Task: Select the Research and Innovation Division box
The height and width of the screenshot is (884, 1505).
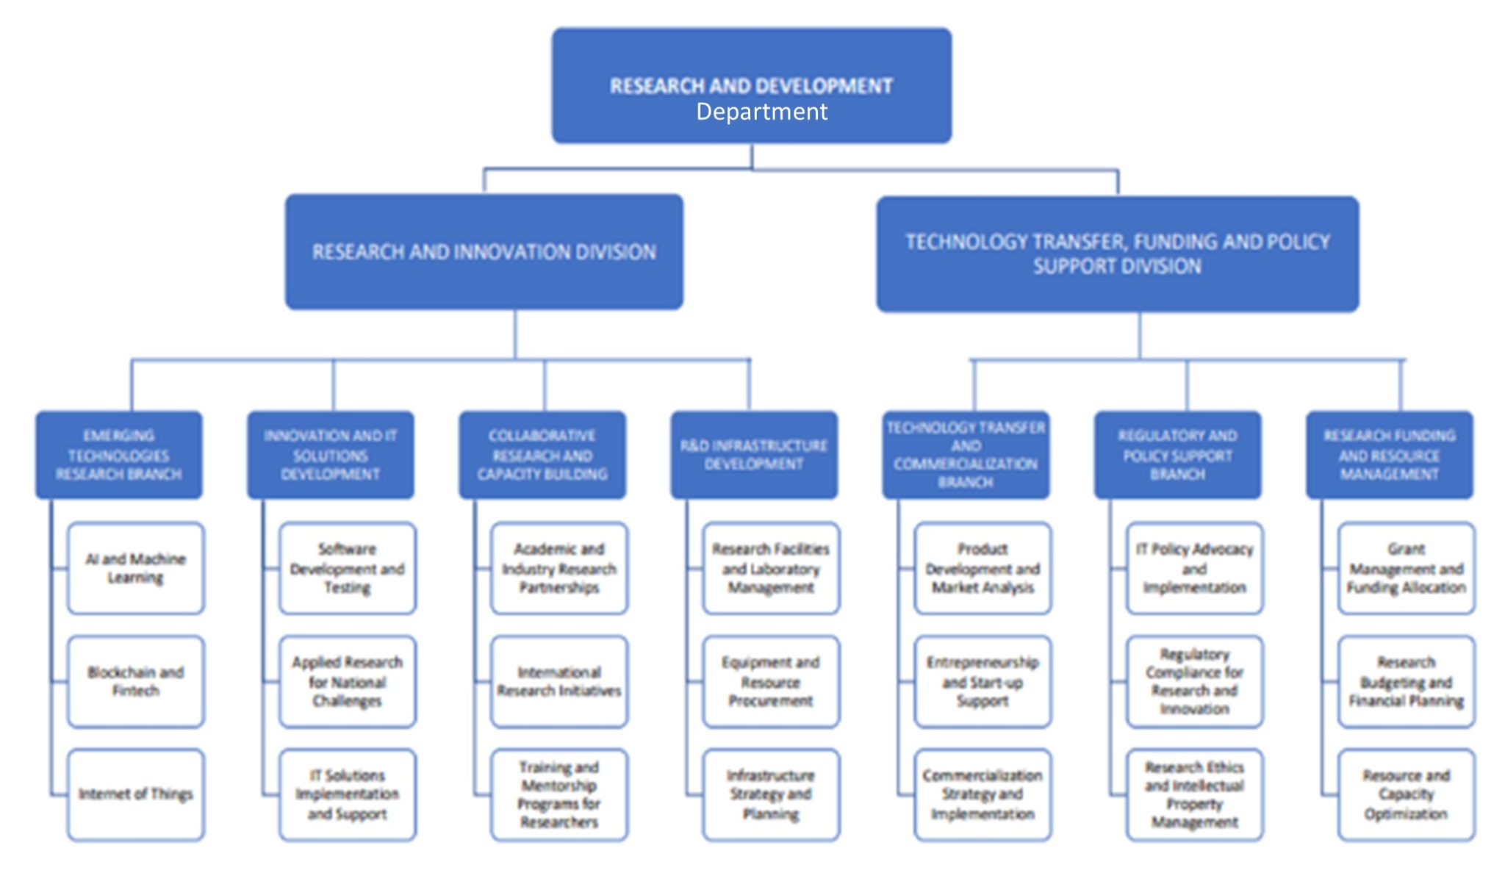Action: coord(484,251)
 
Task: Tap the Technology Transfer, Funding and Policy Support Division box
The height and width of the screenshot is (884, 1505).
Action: coord(1117,254)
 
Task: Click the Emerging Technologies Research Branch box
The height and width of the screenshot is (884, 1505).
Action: coord(119,455)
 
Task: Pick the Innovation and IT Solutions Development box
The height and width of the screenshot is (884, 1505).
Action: coord(330,455)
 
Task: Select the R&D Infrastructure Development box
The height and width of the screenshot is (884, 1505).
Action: coord(754,455)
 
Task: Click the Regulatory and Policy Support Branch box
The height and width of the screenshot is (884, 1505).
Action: coord(1177,455)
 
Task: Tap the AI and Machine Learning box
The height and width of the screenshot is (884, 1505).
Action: coord(136,568)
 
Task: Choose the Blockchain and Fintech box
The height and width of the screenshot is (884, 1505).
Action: coord(136,681)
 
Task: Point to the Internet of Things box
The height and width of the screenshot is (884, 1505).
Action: coord(136,794)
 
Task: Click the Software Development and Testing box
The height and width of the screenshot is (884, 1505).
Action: coord(348,568)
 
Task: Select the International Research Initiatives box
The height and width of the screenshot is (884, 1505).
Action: coord(559,681)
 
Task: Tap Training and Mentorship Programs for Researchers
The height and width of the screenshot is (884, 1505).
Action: coord(559,794)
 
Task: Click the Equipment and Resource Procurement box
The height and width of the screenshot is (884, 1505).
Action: coord(771,681)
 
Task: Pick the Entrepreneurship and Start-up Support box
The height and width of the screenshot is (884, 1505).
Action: coord(983,681)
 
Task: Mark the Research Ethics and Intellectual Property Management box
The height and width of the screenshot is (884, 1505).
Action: coord(1194,794)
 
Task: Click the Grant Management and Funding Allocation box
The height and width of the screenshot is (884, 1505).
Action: coord(1406,568)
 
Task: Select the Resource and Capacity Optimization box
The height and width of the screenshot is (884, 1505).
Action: coord(1406,794)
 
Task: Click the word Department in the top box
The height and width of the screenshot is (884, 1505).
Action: coord(761,112)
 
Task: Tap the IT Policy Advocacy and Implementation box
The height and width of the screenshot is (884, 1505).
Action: coord(1194,568)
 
